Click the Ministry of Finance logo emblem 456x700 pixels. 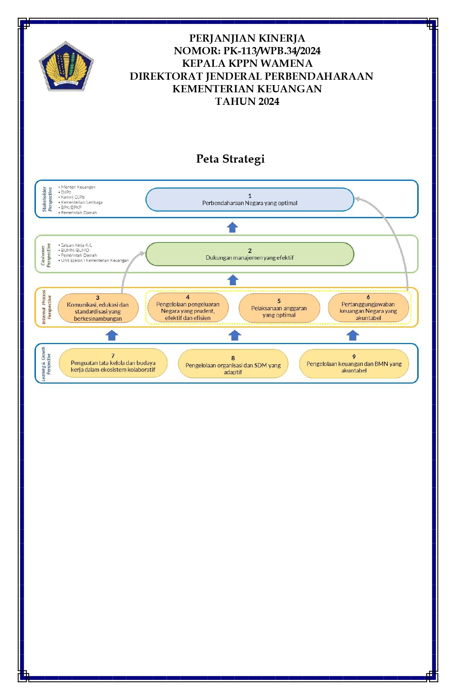(66, 66)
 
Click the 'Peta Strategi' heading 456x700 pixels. (230, 159)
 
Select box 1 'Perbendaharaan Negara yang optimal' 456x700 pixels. (250, 199)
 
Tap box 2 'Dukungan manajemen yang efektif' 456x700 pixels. (250, 254)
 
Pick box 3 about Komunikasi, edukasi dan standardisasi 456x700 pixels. (98, 308)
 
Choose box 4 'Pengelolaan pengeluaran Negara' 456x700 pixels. (188, 307)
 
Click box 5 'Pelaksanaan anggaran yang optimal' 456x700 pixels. (279, 308)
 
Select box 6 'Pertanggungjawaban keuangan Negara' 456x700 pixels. (368, 307)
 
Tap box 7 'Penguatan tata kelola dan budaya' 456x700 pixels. (113, 363)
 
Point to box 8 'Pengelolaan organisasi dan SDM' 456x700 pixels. (233, 364)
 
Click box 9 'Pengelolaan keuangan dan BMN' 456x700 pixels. (354, 364)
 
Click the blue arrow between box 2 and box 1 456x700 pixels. (233, 227)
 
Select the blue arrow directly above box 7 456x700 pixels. (112, 335)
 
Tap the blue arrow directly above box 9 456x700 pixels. (353, 335)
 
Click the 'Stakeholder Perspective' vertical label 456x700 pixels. (47, 199)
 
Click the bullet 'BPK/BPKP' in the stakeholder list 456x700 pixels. (70, 207)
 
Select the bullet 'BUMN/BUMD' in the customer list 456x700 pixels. (74, 250)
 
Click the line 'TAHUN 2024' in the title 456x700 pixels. (247, 102)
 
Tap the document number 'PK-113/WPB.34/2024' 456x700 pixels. (272, 51)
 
